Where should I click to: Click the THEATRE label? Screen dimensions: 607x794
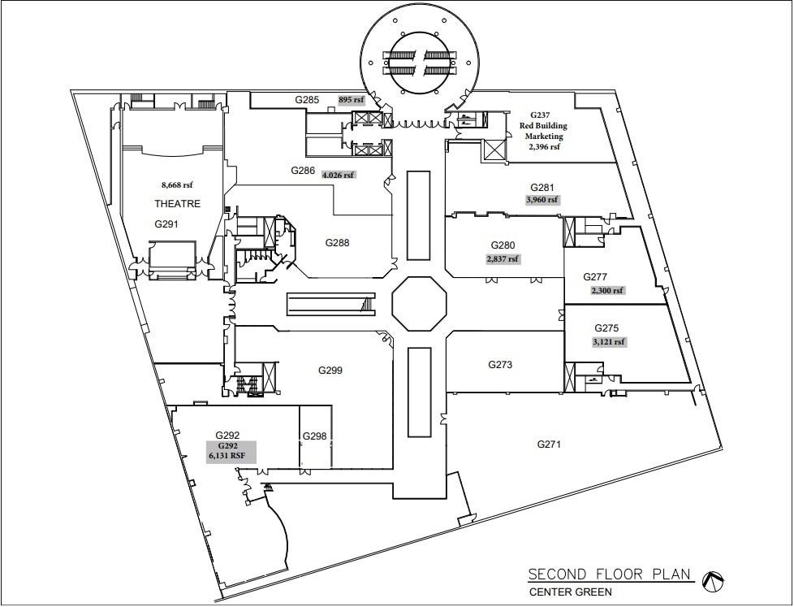(x=177, y=204)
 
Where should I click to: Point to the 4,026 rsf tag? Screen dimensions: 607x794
(x=339, y=175)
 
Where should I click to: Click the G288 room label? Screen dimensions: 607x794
(x=337, y=242)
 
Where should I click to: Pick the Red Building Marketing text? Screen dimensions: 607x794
(x=543, y=131)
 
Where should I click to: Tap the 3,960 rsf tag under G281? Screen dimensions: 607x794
(x=543, y=199)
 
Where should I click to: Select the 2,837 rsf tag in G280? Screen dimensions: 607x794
(x=503, y=259)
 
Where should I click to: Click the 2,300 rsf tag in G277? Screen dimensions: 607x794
(x=606, y=290)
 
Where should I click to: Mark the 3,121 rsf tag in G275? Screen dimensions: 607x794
(x=609, y=342)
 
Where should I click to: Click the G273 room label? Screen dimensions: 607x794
(x=500, y=365)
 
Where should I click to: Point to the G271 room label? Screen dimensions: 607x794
(x=550, y=444)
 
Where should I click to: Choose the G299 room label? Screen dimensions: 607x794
(x=330, y=371)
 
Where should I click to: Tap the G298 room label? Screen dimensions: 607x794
(x=314, y=436)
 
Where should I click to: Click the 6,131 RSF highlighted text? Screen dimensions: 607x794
(x=226, y=457)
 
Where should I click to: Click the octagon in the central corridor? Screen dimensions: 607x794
(x=419, y=304)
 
